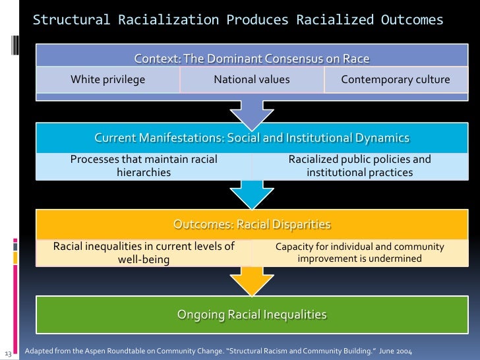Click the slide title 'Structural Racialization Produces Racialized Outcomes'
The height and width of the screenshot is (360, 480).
coord(238,20)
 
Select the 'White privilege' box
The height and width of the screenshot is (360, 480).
coord(108,80)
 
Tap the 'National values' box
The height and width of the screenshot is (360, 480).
coord(252,80)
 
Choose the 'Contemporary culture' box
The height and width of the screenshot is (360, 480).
coord(396,80)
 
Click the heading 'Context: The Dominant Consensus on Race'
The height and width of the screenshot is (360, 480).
coord(252,59)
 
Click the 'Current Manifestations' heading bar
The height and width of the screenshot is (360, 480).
coord(252,138)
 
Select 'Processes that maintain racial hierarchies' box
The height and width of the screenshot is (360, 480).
coord(144,165)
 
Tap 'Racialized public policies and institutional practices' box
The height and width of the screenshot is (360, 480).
coord(359,165)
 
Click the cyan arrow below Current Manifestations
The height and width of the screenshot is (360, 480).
coord(251,195)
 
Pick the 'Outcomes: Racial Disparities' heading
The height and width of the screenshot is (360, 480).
coord(252,224)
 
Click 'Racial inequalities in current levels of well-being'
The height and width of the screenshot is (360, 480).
coord(144,253)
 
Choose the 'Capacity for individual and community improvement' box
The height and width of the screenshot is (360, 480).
coord(359,253)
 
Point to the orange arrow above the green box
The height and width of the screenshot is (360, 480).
coord(251,281)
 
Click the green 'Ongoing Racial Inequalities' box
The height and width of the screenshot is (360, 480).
coord(252,315)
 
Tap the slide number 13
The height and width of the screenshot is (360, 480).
coord(8,351)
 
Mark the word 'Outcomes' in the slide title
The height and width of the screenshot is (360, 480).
coord(412,20)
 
